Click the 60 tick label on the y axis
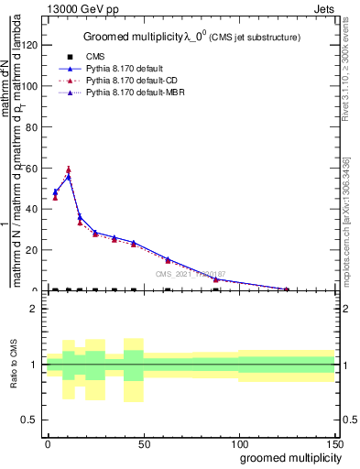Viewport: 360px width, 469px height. [x=33, y=168]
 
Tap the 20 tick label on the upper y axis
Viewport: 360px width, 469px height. [x=33, y=250]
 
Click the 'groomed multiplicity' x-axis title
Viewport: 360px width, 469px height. [x=286, y=458]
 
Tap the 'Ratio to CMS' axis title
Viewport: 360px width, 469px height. [x=14, y=365]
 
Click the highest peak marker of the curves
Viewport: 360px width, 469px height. [x=69, y=169]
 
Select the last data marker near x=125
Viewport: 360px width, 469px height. [x=287, y=289]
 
